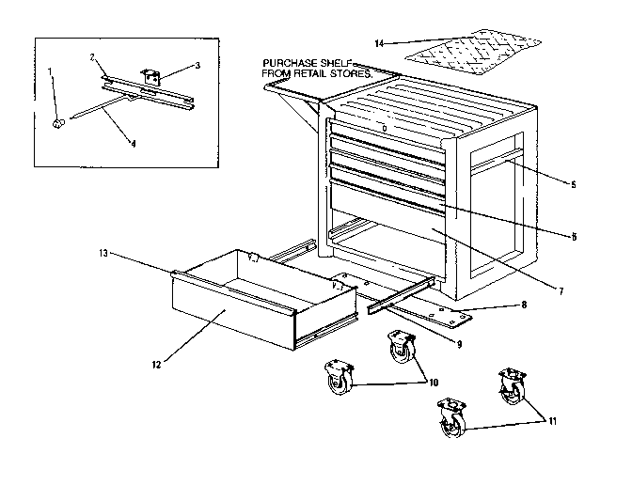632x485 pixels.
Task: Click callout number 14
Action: [x=378, y=42]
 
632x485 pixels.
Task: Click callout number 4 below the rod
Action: [x=134, y=144]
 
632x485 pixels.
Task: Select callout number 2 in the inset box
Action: [x=94, y=57]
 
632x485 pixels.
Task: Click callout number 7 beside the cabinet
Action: [x=561, y=291]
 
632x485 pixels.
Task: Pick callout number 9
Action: [x=459, y=344]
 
